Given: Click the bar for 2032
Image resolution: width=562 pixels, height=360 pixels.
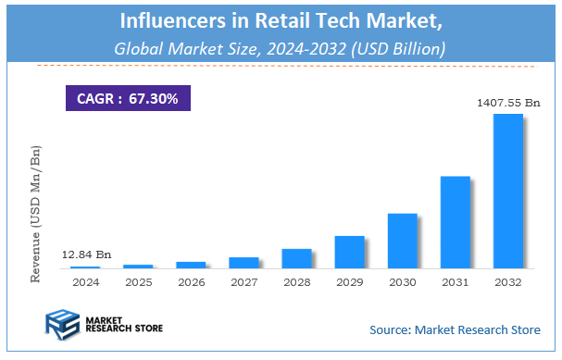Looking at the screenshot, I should click(507, 192).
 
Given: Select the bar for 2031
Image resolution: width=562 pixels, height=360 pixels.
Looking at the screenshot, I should click(455, 222).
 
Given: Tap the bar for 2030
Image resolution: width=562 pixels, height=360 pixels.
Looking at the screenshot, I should click(402, 241).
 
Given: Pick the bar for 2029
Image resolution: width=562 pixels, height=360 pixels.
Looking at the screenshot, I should click(349, 252).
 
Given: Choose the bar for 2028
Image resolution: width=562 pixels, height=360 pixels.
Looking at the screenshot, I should click(296, 258).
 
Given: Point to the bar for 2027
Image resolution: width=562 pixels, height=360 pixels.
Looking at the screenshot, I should click(244, 263).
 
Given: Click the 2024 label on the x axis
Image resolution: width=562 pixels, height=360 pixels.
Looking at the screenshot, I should click(85, 281).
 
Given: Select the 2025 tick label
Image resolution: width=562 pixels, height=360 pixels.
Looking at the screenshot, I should click(138, 281).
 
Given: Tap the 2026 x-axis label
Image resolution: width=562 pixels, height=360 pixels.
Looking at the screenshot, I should click(191, 281).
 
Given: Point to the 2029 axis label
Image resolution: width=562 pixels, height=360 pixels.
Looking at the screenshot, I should click(349, 281).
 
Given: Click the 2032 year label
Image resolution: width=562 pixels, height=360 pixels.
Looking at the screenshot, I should click(507, 281).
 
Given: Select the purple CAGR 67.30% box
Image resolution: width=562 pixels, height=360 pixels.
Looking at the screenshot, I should click(127, 97).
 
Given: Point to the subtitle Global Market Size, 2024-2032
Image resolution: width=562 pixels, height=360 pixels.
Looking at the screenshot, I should click(281, 47).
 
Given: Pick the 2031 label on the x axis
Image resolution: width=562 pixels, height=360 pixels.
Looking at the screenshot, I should click(455, 281).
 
